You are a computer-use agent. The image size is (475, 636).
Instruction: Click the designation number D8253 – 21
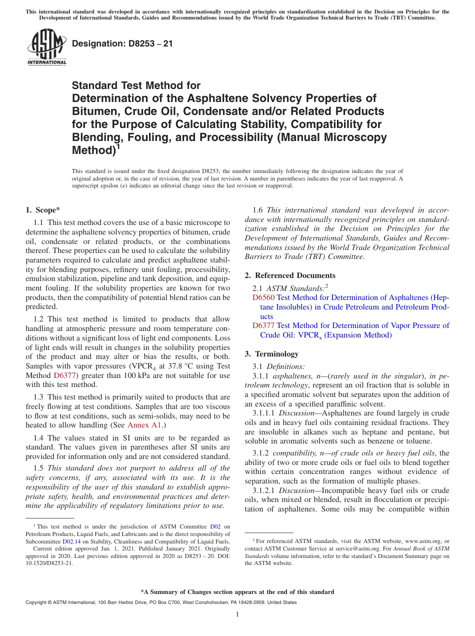click(122, 43)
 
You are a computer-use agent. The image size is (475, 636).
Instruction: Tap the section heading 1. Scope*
click(43, 210)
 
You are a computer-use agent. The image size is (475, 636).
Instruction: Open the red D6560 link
click(263, 297)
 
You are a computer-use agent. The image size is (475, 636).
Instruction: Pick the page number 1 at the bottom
click(237, 614)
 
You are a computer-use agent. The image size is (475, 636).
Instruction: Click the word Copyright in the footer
click(36, 602)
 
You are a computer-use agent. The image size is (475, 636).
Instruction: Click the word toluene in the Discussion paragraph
click(432, 441)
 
